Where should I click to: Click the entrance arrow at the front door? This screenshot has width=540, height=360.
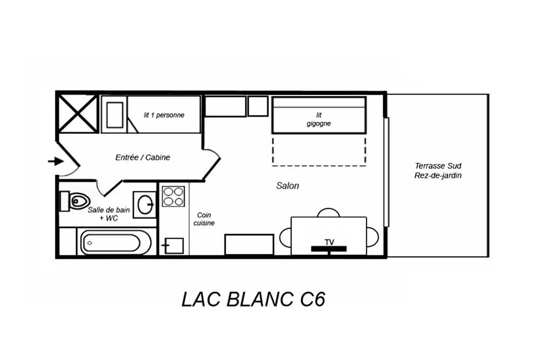pos(55,161)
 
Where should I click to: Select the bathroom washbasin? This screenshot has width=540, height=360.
pos(145,205)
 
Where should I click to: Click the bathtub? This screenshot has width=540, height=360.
pos(116,243)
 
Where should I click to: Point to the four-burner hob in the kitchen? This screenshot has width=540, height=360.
pos(173,196)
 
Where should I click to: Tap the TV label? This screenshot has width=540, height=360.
pos(329,241)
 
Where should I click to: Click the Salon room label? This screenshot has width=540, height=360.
pos(287,186)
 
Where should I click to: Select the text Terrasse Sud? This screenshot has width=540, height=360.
pos(438,166)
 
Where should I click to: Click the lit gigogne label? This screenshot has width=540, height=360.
pos(319,119)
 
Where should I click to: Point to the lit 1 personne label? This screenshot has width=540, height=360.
pos(164,115)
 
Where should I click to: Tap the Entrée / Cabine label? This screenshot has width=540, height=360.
pos(143,158)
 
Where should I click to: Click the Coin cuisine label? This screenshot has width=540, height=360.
pos(204,219)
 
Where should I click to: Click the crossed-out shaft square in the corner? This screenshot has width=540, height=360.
pos(78,113)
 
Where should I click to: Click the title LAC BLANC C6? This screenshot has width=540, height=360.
pos(253,300)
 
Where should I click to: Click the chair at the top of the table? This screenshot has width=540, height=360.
pos(328,213)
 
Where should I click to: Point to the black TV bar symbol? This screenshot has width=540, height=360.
pos(328,248)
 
